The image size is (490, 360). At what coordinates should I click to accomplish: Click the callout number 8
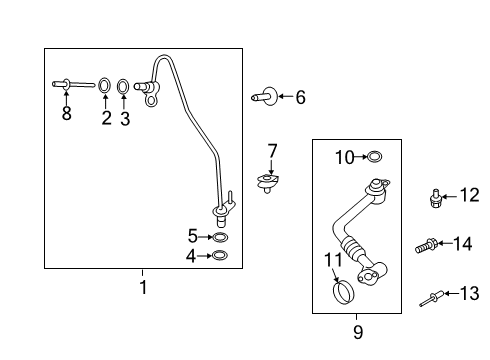67,114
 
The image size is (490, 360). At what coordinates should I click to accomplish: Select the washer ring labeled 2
105,86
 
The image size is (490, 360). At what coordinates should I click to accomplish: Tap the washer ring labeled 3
124,86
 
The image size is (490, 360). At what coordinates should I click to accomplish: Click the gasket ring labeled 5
220,238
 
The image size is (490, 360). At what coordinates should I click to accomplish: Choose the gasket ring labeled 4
220,256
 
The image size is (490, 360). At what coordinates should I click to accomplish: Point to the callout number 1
142,288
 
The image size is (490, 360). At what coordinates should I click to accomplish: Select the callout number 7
271,151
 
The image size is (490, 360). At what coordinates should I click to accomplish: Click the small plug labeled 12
436,197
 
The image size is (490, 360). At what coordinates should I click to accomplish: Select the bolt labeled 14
425,243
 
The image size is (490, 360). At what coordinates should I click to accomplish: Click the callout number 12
470,195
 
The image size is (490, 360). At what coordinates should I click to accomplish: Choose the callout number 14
462,243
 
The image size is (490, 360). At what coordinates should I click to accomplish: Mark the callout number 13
469,293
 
